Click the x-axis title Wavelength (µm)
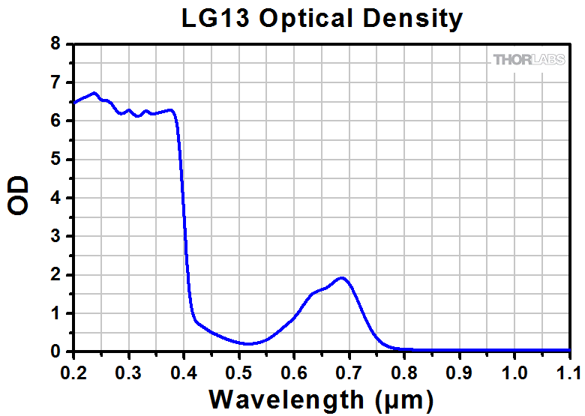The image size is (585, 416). point(321,398)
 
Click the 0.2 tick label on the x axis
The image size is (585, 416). point(73,371)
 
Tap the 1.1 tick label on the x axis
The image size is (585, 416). point(568,371)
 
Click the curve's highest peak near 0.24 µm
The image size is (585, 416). point(94,93)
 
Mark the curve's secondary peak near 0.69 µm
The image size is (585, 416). point(342,277)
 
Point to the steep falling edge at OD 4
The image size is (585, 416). point(184,198)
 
